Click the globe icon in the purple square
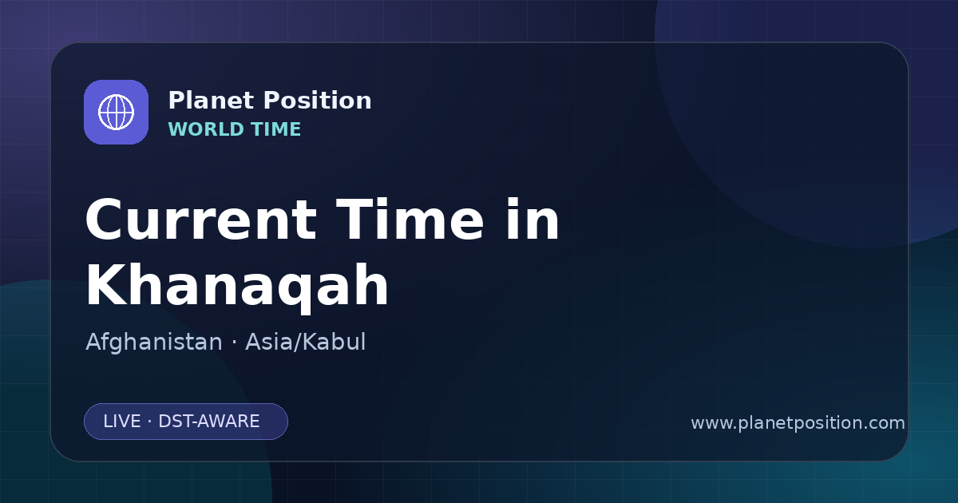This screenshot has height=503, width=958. [116, 112]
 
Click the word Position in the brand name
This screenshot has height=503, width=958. [318, 101]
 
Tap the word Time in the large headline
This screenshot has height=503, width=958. [410, 219]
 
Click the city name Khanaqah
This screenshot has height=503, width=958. [237, 286]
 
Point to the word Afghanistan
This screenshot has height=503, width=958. [154, 342]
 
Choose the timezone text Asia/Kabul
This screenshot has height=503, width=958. [305, 342]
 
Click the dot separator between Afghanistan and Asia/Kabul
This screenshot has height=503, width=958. [234, 343]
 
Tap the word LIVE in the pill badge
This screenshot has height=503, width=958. [122, 422]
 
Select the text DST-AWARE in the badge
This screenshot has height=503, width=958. [208, 422]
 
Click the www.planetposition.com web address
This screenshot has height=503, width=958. [798, 423]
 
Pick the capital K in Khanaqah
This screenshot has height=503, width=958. [106, 284]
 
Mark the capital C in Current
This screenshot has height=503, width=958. [105, 220]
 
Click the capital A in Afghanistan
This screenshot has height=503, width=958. [93, 342]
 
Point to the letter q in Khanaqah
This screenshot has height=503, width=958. [291, 291]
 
